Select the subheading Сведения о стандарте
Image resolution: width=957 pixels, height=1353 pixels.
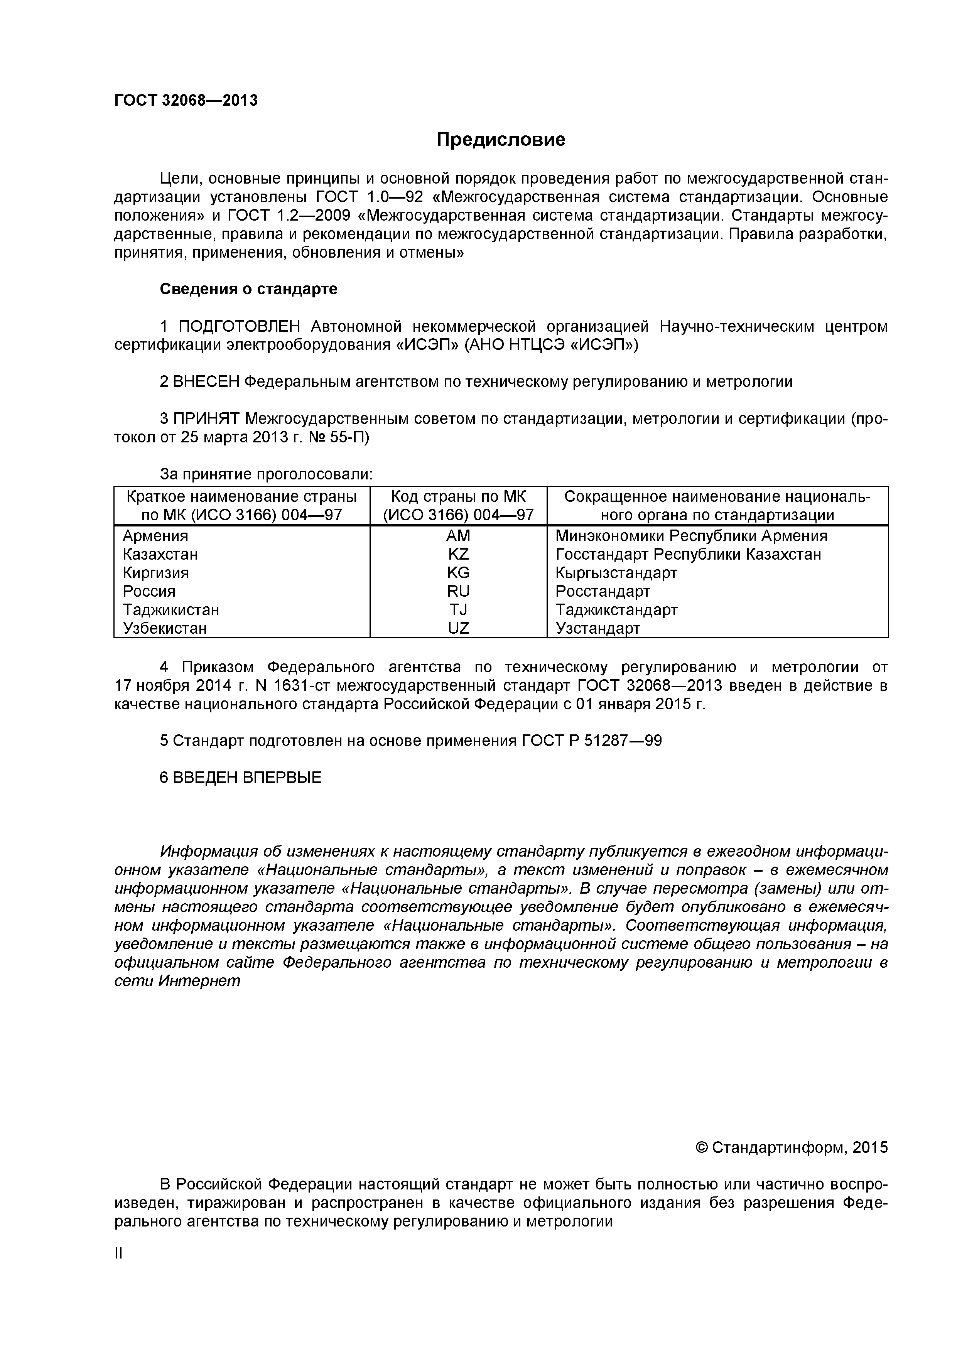[248, 289]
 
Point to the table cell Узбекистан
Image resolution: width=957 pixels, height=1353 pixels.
[165, 628]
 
